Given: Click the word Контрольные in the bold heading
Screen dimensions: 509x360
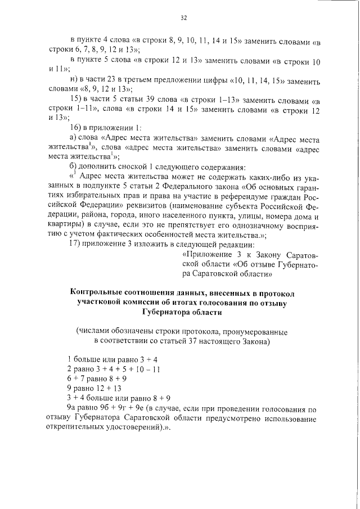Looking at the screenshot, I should (x=94, y=293).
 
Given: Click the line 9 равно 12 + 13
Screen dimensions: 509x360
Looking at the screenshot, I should (x=94, y=388).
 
